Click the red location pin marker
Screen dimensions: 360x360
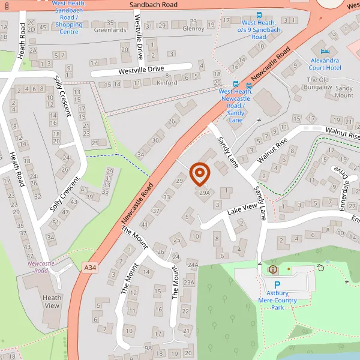[200, 173]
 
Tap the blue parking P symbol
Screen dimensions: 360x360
[277, 286]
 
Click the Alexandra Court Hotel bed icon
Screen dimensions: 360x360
[325, 51]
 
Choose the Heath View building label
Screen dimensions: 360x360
[52, 302]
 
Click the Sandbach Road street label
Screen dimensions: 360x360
[154, 4]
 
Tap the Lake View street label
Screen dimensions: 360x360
[242, 209]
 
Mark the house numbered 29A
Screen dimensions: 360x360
[205, 193]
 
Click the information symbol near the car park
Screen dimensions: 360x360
[274, 269]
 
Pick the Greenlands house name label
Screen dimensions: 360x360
[110, 29]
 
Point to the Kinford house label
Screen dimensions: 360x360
[167, 83]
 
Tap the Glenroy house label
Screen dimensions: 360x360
[193, 28]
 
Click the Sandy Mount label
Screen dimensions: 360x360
[344, 92]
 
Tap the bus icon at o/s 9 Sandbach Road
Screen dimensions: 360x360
[259, 15]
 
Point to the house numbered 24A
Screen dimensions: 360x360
[193, 264]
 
